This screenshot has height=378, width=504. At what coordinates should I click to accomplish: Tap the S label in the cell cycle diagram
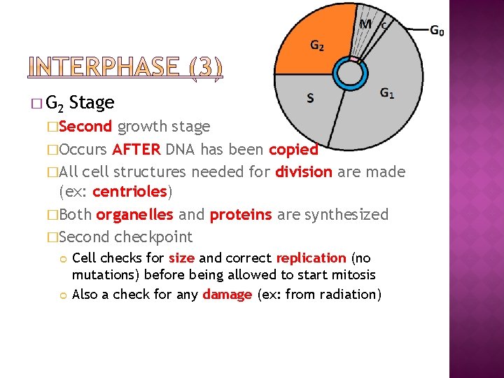[310, 98]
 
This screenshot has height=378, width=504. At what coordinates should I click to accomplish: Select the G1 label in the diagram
[387, 92]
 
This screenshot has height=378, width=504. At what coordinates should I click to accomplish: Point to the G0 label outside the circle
[437, 30]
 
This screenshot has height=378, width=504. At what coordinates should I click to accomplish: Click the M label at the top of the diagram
[365, 24]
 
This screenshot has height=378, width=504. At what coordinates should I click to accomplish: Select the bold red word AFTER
[136, 150]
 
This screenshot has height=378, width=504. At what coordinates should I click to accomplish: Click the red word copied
[293, 150]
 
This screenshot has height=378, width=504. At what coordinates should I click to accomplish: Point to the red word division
[304, 172]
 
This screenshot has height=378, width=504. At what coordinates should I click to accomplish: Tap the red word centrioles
[129, 192]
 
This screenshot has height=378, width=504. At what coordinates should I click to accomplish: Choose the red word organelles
[134, 215]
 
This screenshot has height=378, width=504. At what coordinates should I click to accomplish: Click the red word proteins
[241, 215]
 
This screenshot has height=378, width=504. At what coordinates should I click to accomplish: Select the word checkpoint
[153, 237]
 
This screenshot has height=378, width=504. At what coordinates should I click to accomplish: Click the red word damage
[227, 294]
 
